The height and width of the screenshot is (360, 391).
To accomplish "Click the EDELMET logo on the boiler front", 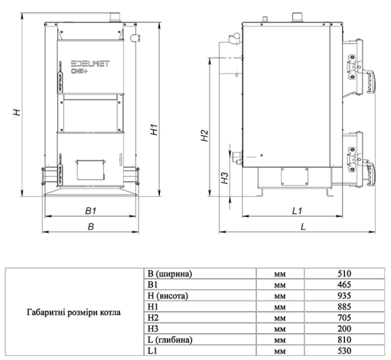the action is pyautogui.click(x=90, y=63).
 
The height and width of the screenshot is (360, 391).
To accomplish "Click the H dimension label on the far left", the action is pyautogui.click(x=17, y=112).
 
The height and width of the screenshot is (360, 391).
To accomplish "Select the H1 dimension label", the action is pyautogui.click(x=154, y=130).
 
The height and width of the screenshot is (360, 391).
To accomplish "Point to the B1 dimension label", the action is pyautogui.click(x=91, y=211).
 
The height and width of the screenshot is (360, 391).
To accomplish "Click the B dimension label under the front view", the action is pyautogui.click(x=91, y=227).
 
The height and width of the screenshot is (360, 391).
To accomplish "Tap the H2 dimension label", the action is pyautogui.click(x=204, y=135).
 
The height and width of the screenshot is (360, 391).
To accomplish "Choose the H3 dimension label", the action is pyautogui.click(x=225, y=178).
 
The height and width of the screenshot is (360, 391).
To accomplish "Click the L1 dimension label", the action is pyautogui.click(x=297, y=211).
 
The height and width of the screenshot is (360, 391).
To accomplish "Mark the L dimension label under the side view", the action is pyautogui.click(x=303, y=227).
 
